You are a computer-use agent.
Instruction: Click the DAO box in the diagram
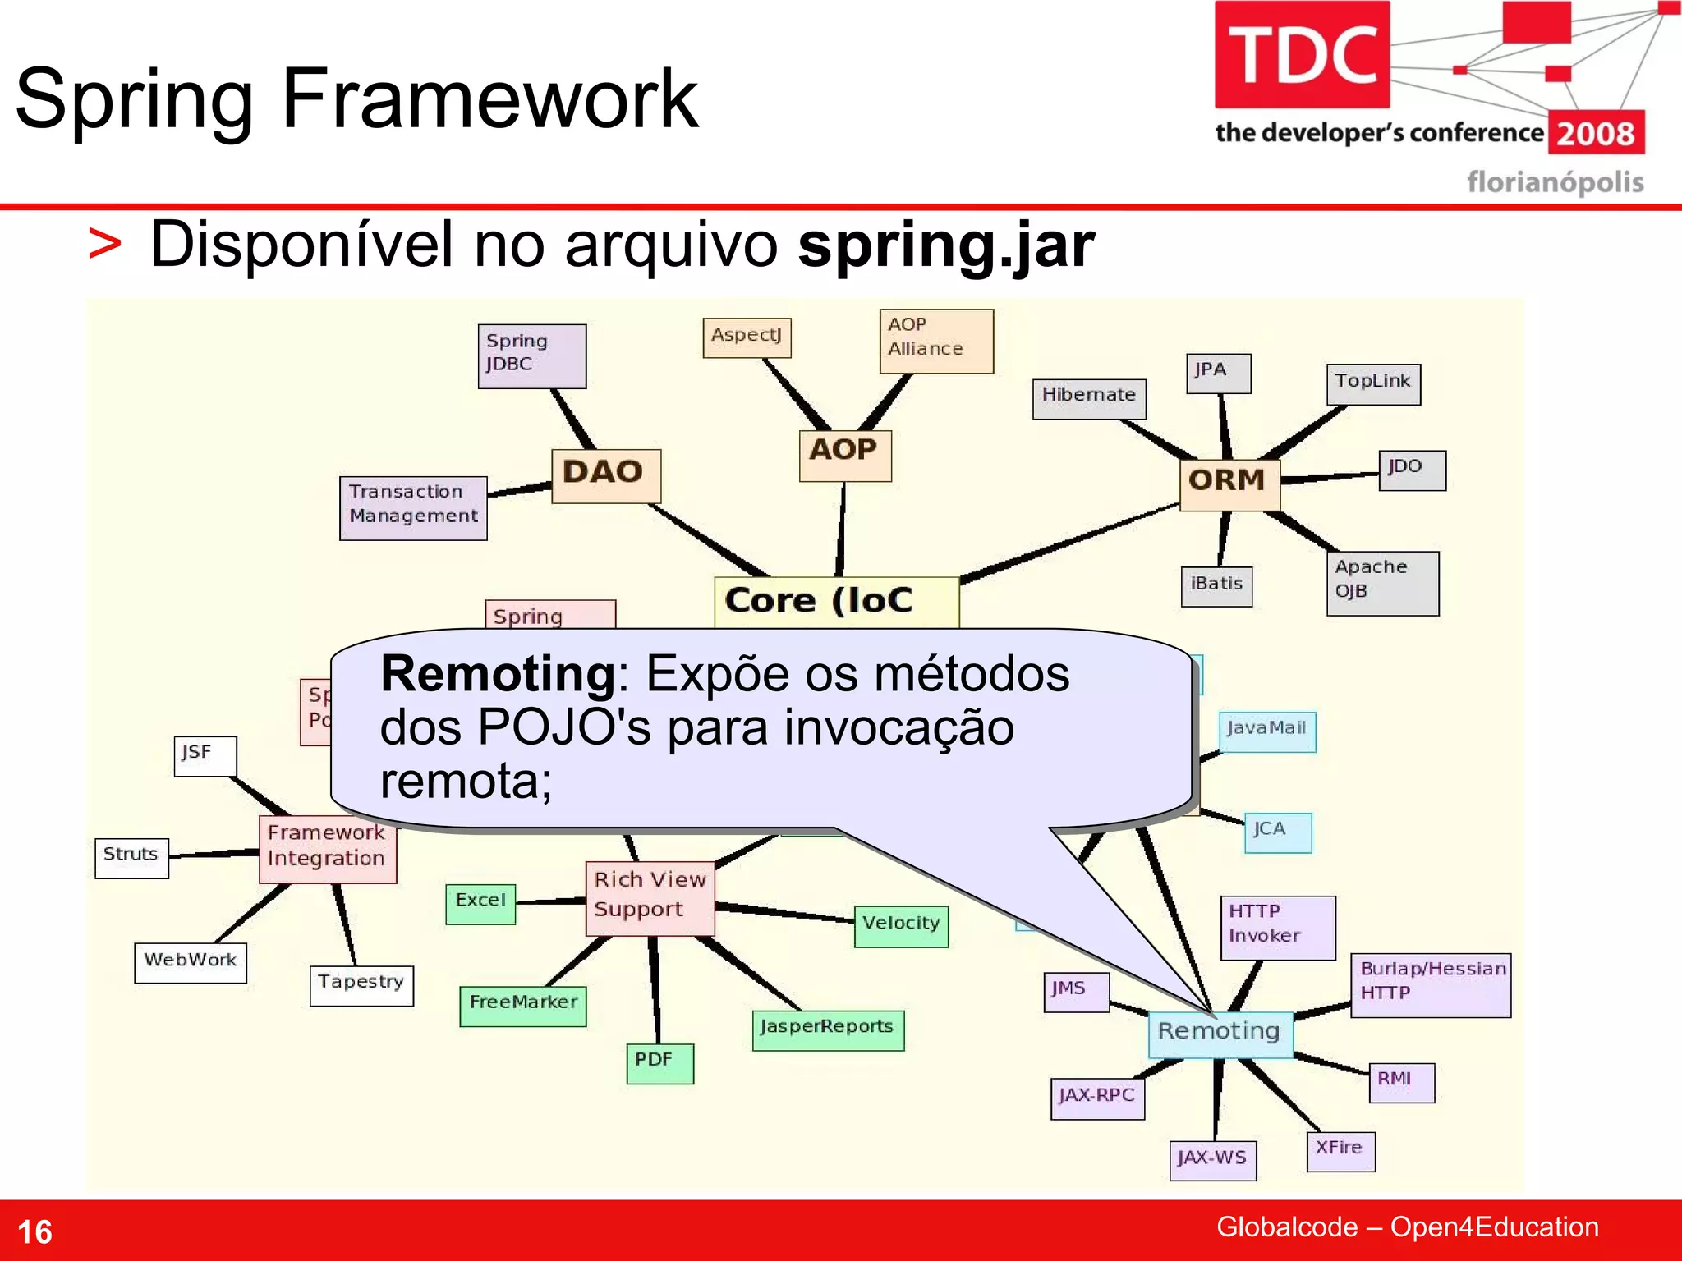click(x=605, y=475)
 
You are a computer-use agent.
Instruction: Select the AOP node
click(x=844, y=455)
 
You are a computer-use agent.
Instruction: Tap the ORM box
click(x=1229, y=484)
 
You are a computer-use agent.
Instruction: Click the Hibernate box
click(x=1088, y=398)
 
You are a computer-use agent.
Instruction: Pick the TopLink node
click(x=1372, y=384)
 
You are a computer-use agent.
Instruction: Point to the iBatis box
click(x=1216, y=586)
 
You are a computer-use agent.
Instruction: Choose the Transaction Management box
click(x=413, y=507)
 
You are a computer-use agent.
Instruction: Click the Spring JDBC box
click(x=531, y=355)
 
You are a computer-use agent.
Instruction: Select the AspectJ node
click(x=747, y=337)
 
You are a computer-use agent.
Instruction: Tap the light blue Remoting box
click(x=1220, y=1034)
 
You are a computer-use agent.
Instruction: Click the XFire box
click(x=1340, y=1150)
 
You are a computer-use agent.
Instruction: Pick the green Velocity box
click(x=901, y=926)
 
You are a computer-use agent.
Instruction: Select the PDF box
click(x=659, y=1063)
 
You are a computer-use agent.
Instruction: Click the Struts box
click(x=131, y=858)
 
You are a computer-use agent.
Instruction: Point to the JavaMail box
click(x=1266, y=731)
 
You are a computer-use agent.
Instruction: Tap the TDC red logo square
click(x=1302, y=55)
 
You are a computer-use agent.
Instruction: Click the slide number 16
click(x=34, y=1232)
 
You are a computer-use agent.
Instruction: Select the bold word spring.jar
click(x=946, y=245)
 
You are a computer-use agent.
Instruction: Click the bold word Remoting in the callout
click(x=498, y=675)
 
